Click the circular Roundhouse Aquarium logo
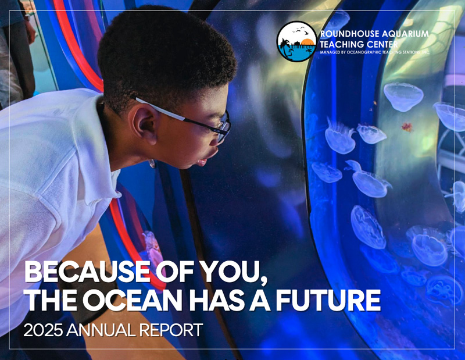296,41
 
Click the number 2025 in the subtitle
43,330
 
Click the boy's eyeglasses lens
224,127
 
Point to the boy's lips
202,162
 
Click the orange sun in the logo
307,42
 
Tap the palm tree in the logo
284,46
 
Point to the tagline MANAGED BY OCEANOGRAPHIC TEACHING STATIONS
375,52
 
